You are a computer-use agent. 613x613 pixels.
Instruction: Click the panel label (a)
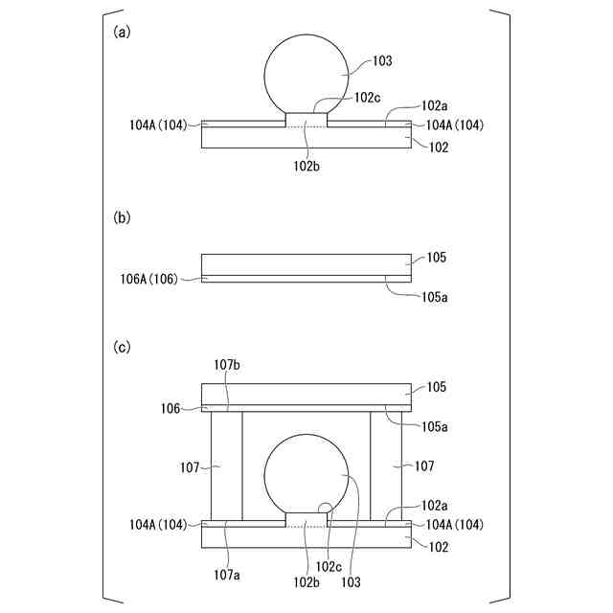(x=122, y=32)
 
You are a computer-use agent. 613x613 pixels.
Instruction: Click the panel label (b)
(x=122, y=217)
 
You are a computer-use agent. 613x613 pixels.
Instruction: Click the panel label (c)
(x=122, y=347)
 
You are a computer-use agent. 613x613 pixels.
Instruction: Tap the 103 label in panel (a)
(x=382, y=61)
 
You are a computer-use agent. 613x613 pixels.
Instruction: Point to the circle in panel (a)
(x=264, y=77)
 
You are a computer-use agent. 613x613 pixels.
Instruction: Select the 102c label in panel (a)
(x=367, y=98)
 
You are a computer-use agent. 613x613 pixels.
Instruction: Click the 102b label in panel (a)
(x=306, y=166)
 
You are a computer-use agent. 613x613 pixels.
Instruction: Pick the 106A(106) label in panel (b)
(x=149, y=279)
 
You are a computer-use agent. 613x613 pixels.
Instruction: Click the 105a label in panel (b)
(x=434, y=298)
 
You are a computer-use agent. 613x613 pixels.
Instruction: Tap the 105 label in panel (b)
(x=437, y=258)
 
